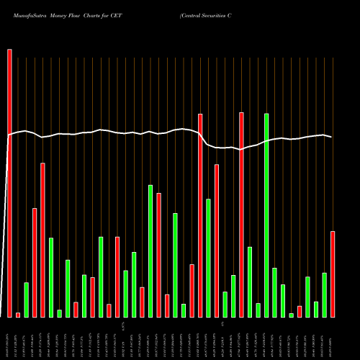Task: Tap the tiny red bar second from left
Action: [x=18, y=315]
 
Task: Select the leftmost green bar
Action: [x=26, y=300]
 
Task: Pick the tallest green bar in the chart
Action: [x=266, y=215]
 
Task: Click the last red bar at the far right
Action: [x=333, y=274]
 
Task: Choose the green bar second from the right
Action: [x=325, y=294]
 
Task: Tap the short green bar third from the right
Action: [x=316, y=309]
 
